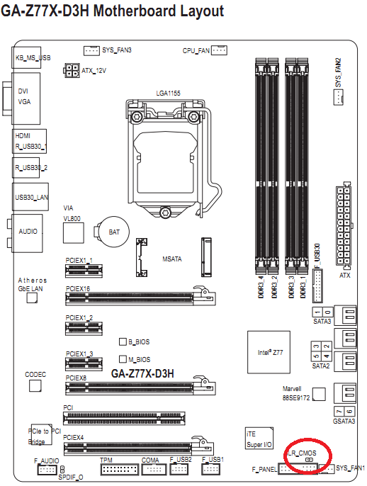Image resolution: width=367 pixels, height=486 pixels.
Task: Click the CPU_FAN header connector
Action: click(x=219, y=50)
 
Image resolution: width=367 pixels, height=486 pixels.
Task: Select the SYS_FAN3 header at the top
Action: click(x=91, y=50)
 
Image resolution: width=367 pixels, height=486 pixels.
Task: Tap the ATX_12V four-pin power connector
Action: click(x=72, y=71)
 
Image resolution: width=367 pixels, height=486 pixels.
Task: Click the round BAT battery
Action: click(x=114, y=232)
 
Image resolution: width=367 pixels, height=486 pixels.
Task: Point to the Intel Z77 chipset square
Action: click(x=269, y=352)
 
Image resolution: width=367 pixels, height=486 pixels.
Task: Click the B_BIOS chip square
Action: click(x=123, y=341)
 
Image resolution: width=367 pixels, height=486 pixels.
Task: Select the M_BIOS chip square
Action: click(x=123, y=359)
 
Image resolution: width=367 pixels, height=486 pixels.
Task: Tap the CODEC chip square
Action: click(x=35, y=386)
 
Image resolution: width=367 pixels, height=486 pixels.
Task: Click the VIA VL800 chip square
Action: click(x=74, y=233)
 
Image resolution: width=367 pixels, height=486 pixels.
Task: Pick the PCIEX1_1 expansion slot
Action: click(x=84, y=271)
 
